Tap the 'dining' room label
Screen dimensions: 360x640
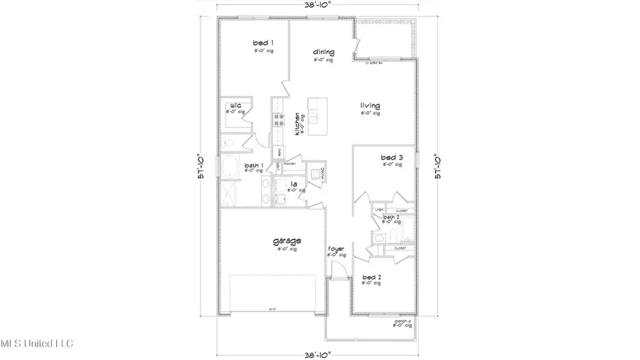pyautogui.click(x=324, y=52)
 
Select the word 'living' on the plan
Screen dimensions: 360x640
pyautogui.click(x=370, y=106)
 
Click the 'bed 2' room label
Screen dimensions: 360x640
pyautogui.click(x=372, y=276)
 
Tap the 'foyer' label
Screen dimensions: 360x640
pyautogui.click(x=336, y=249)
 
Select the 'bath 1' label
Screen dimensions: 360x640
pyautogui.click(x=254, y=165)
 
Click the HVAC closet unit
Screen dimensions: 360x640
pyautogui.click(x=314, y=171)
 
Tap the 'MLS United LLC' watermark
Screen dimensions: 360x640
pyautogui.click(x=36, y=344)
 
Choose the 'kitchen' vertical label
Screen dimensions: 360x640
pyautogui.click(x=287, y=125)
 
